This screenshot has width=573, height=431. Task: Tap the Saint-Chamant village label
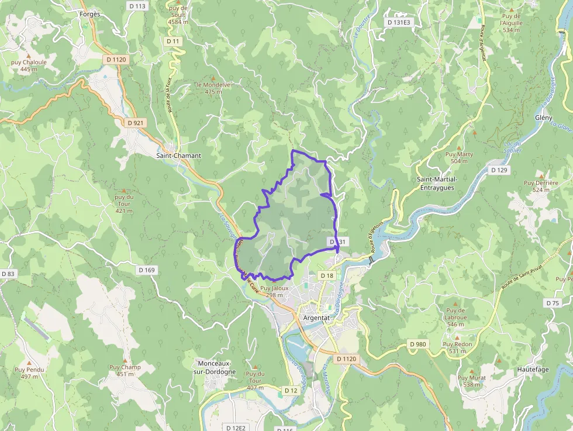click(x=178, y=156)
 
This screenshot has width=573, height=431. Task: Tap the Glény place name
click(x=543, y=118)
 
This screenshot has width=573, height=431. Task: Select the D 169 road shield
click(x=147, y=270)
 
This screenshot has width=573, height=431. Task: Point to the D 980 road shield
click(x=418, y=344)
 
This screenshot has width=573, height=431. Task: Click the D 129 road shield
click(x=499, y=170)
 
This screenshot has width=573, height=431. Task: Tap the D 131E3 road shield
click(x=399, y=22)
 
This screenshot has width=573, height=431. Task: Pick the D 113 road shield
click(x=138, y=6)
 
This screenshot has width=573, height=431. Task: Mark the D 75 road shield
click(x=553, y=303)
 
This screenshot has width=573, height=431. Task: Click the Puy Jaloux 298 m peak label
click(x=274, y=292)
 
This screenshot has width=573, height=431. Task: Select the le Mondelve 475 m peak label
click(x=213, y=88)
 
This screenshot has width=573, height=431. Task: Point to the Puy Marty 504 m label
click(x=459, y=157)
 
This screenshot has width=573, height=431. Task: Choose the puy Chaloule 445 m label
click(x=28, y=65)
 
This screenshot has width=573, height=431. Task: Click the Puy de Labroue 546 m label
click(x=455, y=317)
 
